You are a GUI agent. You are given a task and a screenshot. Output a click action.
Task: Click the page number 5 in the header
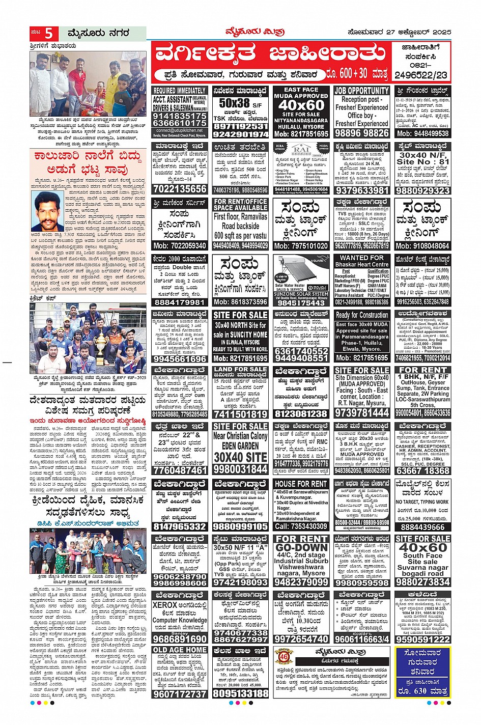click(49, 34)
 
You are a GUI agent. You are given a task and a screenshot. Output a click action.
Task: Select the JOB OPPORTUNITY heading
click(361, 91)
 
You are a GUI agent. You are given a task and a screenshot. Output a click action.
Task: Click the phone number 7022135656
click(180, 189)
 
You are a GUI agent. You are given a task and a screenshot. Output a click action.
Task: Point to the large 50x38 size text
click(235, 103)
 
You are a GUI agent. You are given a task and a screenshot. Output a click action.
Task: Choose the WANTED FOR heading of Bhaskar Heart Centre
click(361, 258)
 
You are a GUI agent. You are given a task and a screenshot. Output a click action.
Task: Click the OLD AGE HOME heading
click(180, 650)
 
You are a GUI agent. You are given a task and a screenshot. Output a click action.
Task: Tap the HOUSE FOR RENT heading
click(301, 484)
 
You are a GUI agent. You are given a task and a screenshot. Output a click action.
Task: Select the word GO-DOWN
click(301, 548)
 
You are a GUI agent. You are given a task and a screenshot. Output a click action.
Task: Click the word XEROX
click(165, 605)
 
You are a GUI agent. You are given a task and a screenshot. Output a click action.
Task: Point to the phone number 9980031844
click(240, 469)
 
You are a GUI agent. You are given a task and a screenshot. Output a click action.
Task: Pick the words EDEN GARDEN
click(240, 445)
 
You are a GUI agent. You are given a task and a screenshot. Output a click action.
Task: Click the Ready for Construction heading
click(361, 315)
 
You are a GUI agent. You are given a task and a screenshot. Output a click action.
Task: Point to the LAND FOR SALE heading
click(240, 369)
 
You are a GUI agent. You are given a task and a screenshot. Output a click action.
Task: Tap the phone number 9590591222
click(422, 639)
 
